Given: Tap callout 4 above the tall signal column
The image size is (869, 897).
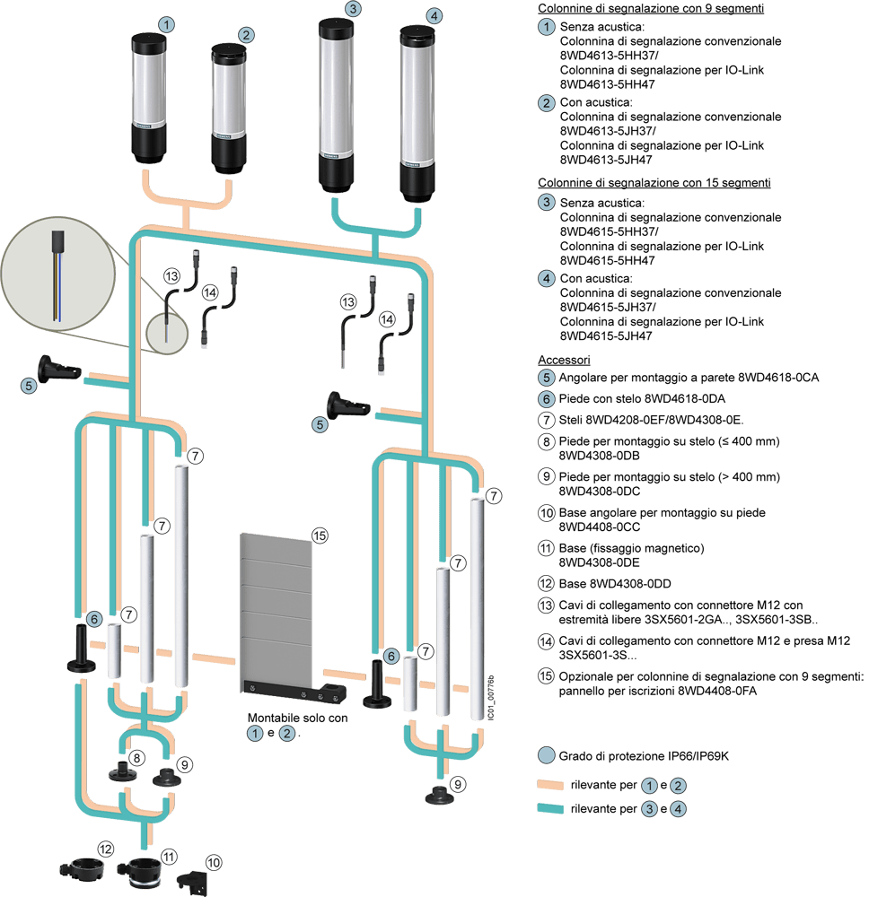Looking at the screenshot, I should point(434,15).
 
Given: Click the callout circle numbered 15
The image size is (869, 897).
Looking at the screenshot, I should point(320,535).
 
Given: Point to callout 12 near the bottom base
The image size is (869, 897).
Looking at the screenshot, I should point(105,849).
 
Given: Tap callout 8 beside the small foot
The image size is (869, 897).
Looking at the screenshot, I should point(136,758).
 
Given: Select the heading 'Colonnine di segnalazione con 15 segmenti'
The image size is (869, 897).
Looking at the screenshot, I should point(654,183).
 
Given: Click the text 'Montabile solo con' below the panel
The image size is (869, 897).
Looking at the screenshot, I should point(297,718).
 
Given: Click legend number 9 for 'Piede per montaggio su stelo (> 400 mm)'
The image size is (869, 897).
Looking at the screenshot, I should point(546,476).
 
